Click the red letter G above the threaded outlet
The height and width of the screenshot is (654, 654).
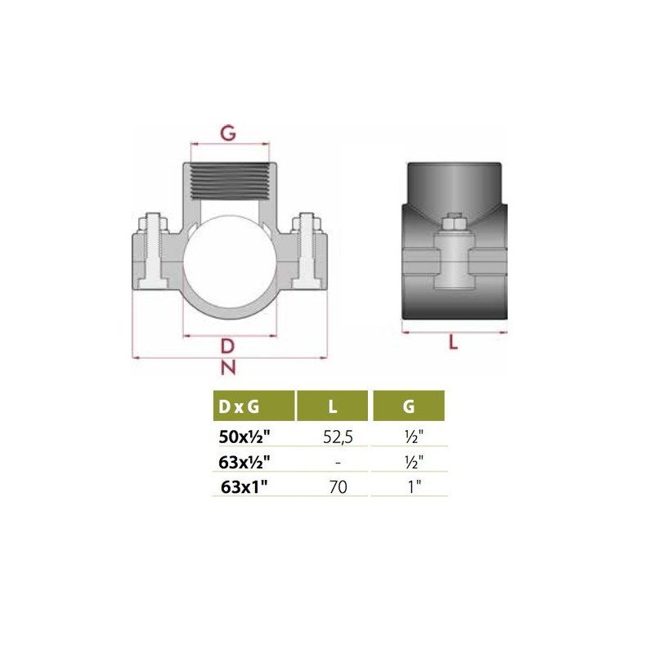228,133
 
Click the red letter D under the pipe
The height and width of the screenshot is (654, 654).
227,346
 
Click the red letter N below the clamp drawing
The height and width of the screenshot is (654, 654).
228,367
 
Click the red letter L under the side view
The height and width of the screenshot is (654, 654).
453,343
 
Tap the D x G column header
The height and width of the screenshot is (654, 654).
239,406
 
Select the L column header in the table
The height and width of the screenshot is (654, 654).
333,406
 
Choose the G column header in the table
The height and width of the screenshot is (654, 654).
409,406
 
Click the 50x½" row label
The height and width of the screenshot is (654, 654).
244,437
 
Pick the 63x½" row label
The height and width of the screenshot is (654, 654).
244,462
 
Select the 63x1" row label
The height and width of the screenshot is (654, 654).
244,486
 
